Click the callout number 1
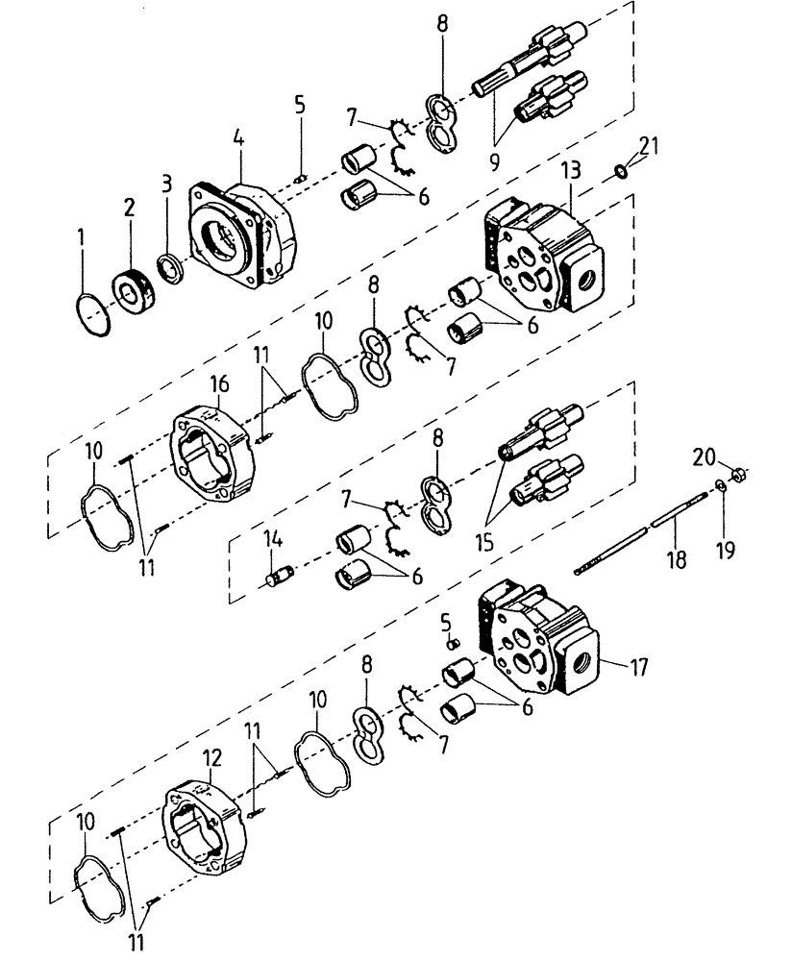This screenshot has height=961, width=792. click(82, 234)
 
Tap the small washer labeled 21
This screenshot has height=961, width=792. click(622, 171)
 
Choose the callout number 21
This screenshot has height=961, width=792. click(650, 146)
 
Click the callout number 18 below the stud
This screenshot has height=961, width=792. click(678, 559)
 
